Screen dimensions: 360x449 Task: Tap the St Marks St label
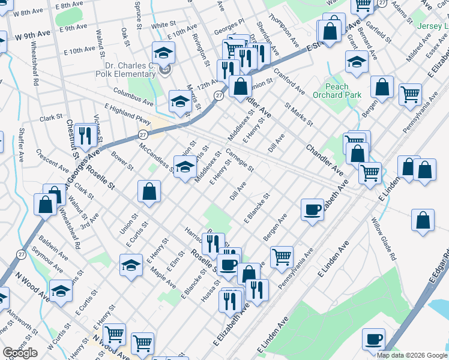299,114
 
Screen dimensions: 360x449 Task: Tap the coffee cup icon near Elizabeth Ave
312,209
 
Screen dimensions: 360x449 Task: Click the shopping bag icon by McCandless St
149,191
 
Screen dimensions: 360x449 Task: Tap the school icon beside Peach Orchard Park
357,62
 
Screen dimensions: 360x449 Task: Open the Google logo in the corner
20,353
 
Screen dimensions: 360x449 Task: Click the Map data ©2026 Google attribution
412,355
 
